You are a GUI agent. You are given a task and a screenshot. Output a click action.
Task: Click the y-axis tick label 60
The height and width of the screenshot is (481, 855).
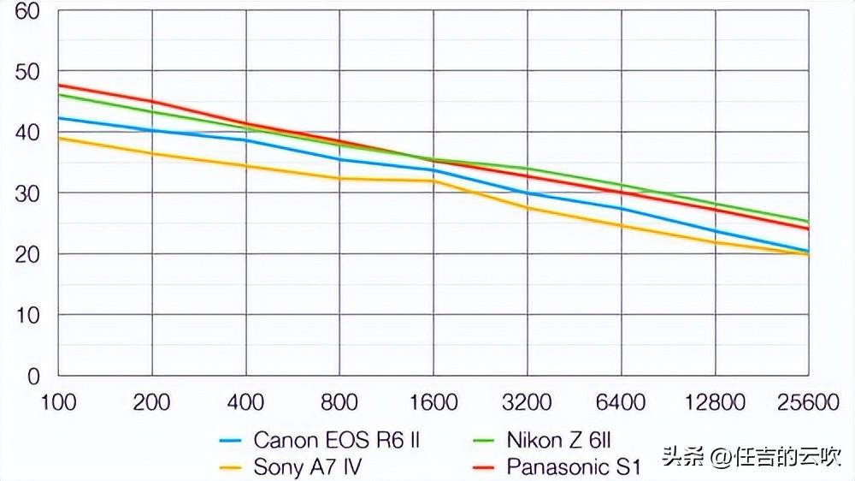pyautogui.click(x=27, y=11)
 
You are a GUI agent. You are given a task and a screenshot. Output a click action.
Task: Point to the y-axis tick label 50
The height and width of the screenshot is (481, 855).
pyautogui.click(x=27, y=72)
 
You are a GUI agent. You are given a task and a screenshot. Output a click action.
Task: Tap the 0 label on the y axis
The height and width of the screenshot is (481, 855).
pyautogui.click(x=33, y=376)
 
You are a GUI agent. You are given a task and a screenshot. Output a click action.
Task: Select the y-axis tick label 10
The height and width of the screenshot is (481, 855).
pyautogui.click(x=27, y=315)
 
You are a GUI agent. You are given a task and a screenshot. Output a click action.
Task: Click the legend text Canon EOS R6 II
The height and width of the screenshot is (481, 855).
pyautogui.click(x=337, y=441)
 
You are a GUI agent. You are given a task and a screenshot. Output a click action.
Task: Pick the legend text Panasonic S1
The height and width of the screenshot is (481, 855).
pyautogui.click(x=573, y=467)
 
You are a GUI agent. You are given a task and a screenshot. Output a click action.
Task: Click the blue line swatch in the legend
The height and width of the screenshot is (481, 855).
pyautogui.click(x=232, y=442)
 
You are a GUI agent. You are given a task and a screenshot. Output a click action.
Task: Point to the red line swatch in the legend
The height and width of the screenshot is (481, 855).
pyautogui.click(x=485, y=468)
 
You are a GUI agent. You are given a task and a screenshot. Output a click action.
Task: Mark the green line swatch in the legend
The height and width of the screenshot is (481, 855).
pyautogui.click(x=485, y=442)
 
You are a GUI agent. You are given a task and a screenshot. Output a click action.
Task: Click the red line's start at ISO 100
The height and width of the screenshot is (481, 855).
pyautogui.click(x=59, y=86)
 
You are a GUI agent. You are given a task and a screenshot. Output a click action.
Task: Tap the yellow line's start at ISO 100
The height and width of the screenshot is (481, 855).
pyautogui.click(x=59, y=138)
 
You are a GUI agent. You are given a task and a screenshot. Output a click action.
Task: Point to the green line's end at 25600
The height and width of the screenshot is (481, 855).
pyautogui.click(x=808, y=222)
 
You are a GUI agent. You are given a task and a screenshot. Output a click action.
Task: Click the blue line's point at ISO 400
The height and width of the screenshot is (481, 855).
pyautogui.click(x=246, y=140)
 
